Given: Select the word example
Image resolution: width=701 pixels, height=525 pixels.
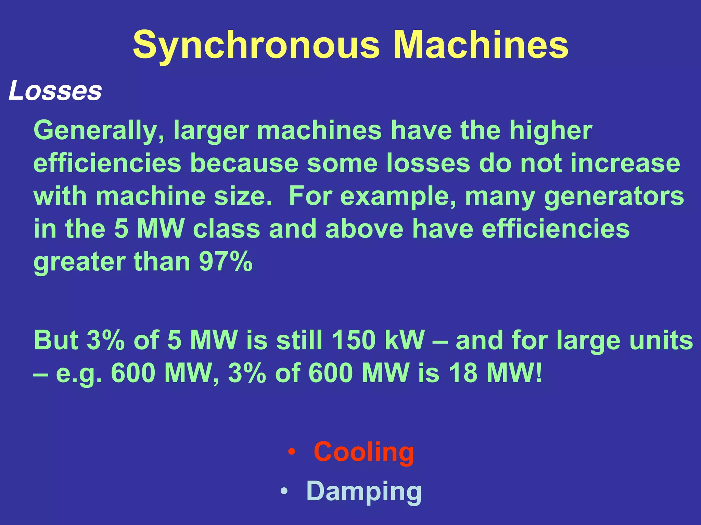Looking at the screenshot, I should pos(398,197).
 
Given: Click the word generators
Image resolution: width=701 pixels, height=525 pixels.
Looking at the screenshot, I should pos(614,197).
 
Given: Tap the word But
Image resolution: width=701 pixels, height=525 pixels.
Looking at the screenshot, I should pos(56,340).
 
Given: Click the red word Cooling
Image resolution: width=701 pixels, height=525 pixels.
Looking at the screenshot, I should pos(364,452).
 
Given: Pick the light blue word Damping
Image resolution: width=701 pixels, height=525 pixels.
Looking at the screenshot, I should pos(364,491).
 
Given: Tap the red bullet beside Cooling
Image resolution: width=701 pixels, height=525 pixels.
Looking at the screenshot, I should pos(291,452).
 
